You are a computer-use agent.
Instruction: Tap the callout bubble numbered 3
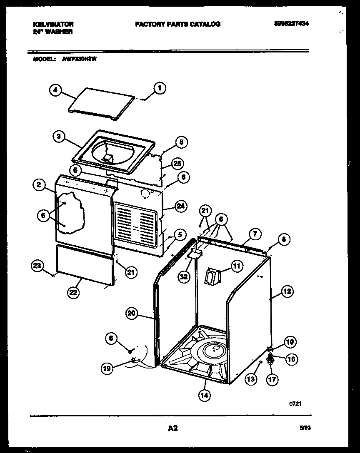pyautogui.click(x=59, y=136)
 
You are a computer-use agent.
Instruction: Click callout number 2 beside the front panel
pyautogui.click(x=38, y=186)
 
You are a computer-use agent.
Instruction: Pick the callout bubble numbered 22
pyautogui.click(x=73, y=293)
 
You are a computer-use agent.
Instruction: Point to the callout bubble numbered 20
pyautogui.click(x=132, y=314)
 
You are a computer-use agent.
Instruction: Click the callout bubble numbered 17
pyautogui.click(x=272, y=379)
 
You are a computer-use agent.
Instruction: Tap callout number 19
pyautogui.click(x=107, y=368)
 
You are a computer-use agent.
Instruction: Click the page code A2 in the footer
pyautogui.click(x=173, y=428)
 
